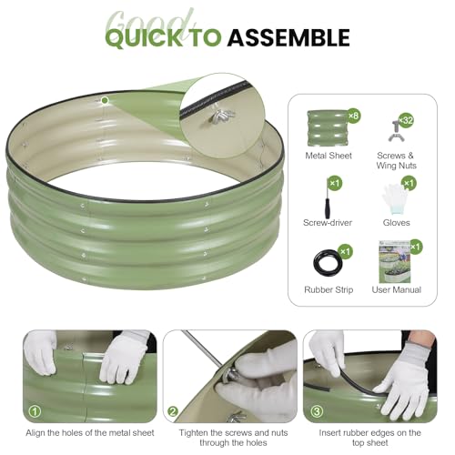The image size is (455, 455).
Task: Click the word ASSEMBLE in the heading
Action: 288,37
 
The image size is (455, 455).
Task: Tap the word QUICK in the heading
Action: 145,38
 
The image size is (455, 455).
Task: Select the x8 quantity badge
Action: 353,116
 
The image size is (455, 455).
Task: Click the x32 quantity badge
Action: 406,120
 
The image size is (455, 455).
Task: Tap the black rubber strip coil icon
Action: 326,263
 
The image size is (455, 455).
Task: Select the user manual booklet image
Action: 394,262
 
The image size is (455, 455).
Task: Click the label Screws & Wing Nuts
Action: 396,160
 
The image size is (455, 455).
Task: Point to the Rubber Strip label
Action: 329,289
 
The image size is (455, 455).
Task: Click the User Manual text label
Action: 397,289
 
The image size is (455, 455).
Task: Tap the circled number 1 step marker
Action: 35,411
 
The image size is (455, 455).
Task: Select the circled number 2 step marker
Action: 173,411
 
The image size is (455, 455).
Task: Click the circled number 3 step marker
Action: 317,411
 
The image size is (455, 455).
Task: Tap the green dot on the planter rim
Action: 105,100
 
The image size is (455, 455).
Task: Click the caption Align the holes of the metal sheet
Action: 90,433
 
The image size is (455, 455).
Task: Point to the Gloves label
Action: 396,223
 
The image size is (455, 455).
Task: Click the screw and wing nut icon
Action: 396,131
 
